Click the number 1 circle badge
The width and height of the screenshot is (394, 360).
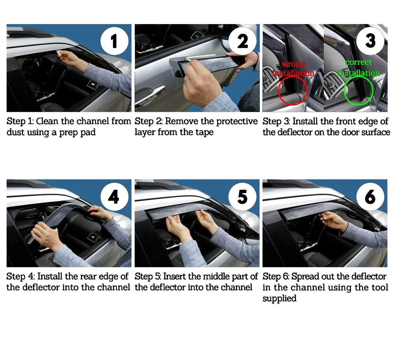pyautogui.click(x=114, y=41)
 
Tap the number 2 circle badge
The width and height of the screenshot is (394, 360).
pyautogui.click(x=242, y=41)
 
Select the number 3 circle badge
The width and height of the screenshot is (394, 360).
pyautogui.click(x=370, y=41)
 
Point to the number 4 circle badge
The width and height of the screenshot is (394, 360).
pyautogui.click(x=114, y=197)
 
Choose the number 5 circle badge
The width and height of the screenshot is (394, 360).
pyautogui.click(x=242, y=197)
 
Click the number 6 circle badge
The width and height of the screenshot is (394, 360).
pyautogui.click(x=370, y=197)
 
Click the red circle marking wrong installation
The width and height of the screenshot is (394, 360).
pyautogui.click(x=279, y=91)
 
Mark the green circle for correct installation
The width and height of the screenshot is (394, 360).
pyautogui.click(x=344, y=91)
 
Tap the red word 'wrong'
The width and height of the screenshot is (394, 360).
pyautogui.click(x=293, y=65)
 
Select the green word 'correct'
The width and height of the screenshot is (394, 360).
pyautogui.click(x=358, y=62)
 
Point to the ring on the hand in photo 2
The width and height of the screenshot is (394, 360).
pyautogui.click(x=187, y=80)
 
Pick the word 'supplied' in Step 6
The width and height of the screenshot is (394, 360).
pyautogui.click(x=279, y=298)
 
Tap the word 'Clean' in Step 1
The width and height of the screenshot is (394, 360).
pyautogui.click(x=47, y=121)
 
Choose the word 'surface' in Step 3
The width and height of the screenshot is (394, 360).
pyautogui.click(x=375, y=132)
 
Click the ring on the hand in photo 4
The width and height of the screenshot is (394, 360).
pyautogui.click(x=40, y=234)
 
